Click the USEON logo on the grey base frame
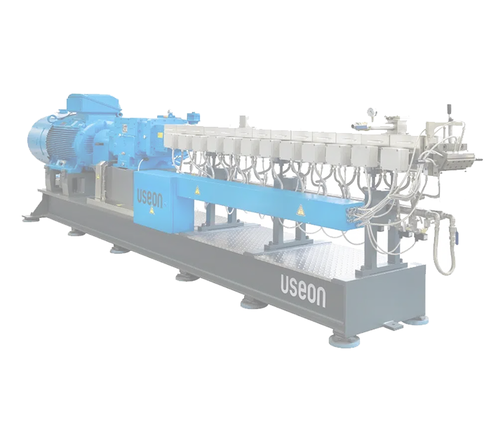303,290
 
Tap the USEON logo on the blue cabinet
149,198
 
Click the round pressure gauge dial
370,112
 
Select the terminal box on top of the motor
93,104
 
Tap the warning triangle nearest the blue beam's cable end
300,210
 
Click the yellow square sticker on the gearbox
157,135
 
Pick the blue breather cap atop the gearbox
191,116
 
